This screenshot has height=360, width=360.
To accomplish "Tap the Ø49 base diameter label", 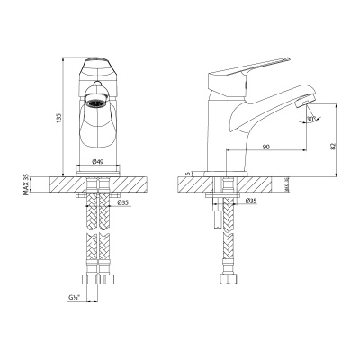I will (x=97, y=163).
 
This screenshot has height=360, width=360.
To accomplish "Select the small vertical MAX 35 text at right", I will (x=287, y=184).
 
